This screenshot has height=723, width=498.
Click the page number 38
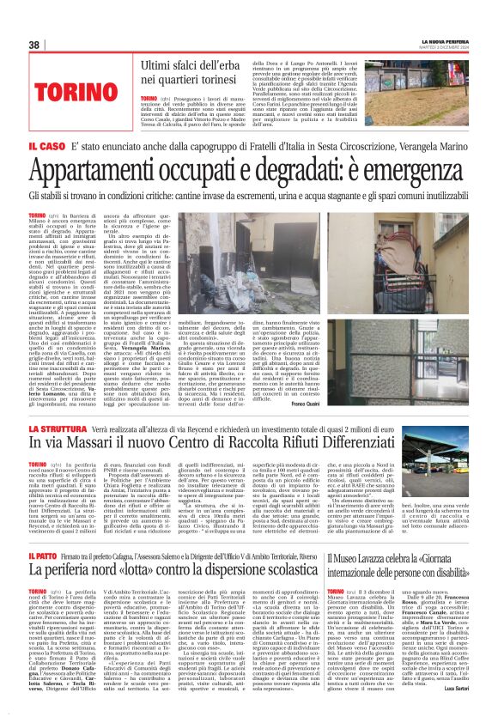(34, 45)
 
